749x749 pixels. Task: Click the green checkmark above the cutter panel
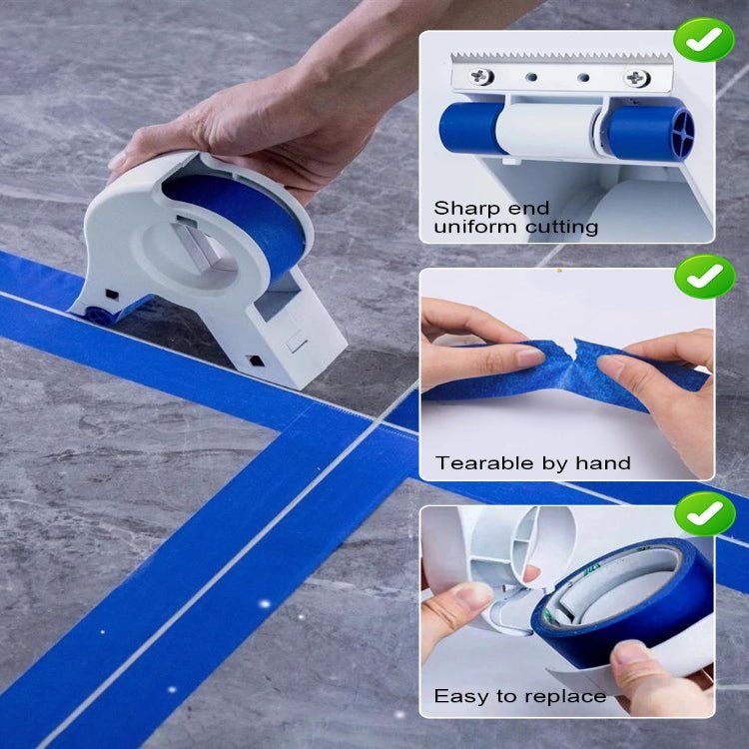pos(703,40)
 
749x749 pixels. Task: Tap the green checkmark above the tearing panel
pos(704,277)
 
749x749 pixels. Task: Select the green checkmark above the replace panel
pos(704,513)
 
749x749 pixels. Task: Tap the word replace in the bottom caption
pos(570,696)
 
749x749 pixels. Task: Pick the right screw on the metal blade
pos(636,77)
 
